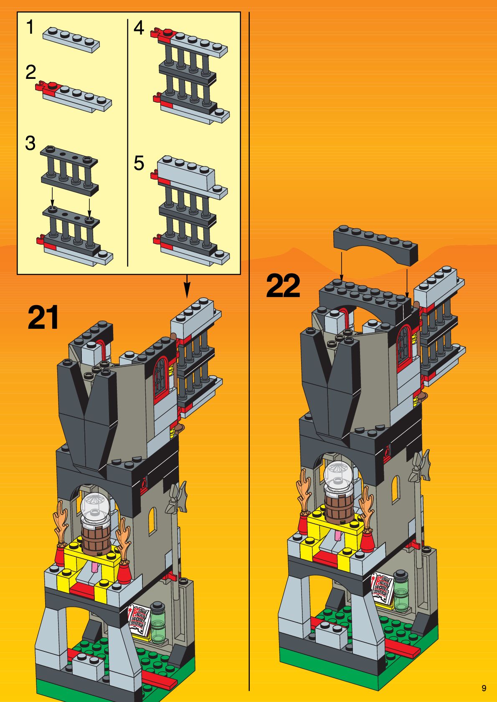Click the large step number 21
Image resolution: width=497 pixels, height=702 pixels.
click(43, 318)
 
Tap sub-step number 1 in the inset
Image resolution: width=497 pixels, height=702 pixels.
click(30, 28)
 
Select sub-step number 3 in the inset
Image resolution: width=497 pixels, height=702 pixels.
click(30, 143)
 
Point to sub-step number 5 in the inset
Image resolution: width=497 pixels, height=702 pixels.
click(139, 163)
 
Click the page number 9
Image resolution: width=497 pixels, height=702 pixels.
click(484, 688)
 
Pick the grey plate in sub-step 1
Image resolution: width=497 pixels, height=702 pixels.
click(71, 40)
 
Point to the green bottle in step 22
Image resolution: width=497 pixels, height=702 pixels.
click(401, 591)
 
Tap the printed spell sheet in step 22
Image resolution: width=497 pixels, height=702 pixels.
click(383, 588)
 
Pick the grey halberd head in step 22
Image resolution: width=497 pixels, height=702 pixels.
click(420, 467)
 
